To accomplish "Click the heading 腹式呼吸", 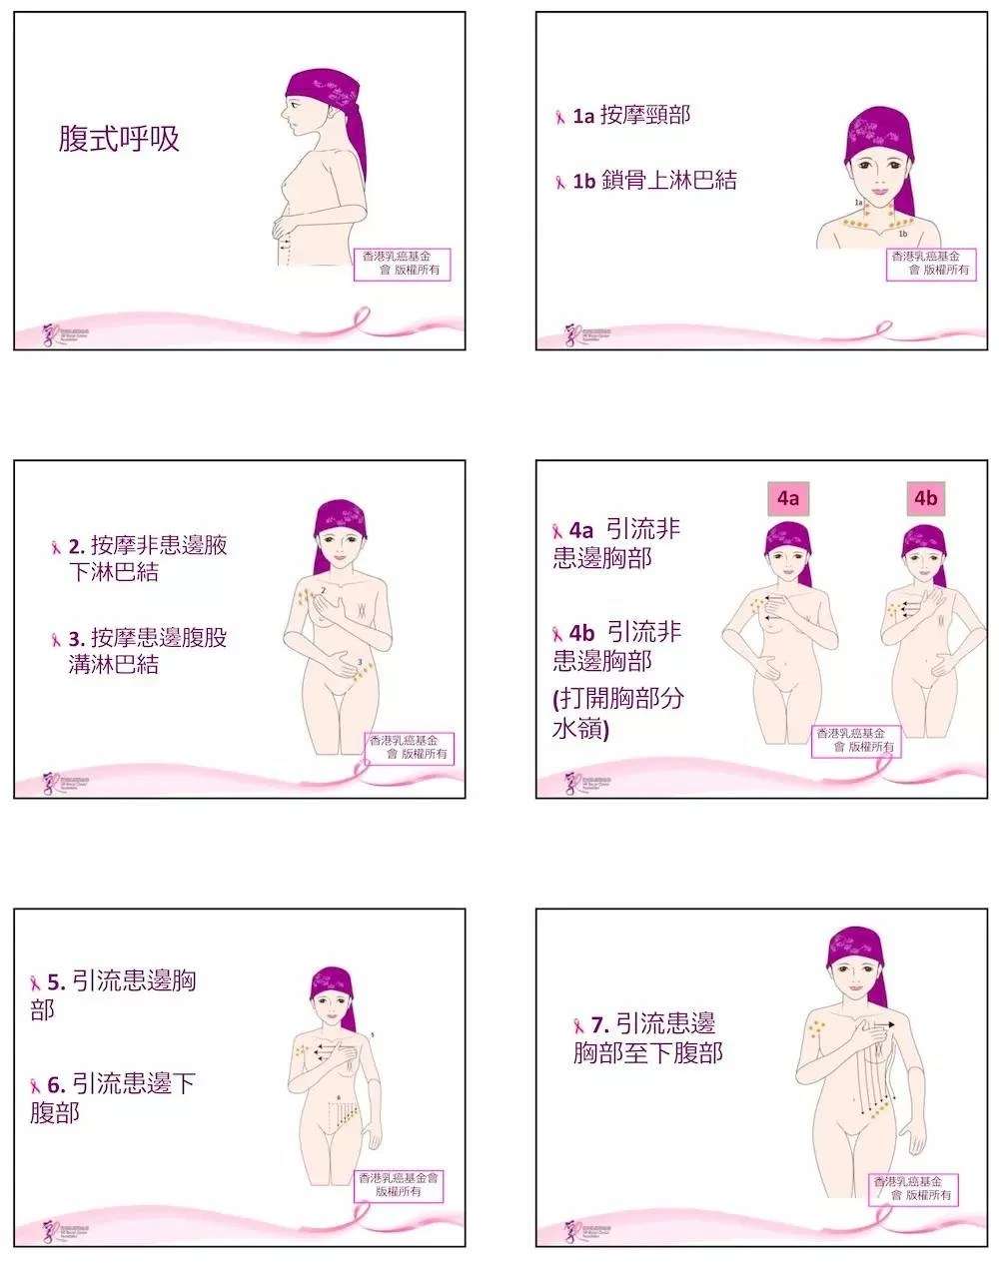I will click(x=119, y=139).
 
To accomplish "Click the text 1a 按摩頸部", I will click(x=630, y=116).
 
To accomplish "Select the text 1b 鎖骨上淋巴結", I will click(x=654, y=181).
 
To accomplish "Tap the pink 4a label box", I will click(x=789, y=498).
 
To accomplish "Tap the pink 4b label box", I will click(x=926, y=498).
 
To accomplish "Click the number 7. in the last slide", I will click(x=599, y=1024).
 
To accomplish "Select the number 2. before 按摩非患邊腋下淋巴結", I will click(x=76, y=546).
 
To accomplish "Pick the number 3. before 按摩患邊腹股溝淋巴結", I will click(x=76, y=638).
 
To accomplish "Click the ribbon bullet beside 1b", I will click(x=560, y=183).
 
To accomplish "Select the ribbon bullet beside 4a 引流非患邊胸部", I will click(x=558, y=530).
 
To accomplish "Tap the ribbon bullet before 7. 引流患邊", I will click(x=578, y=1025).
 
